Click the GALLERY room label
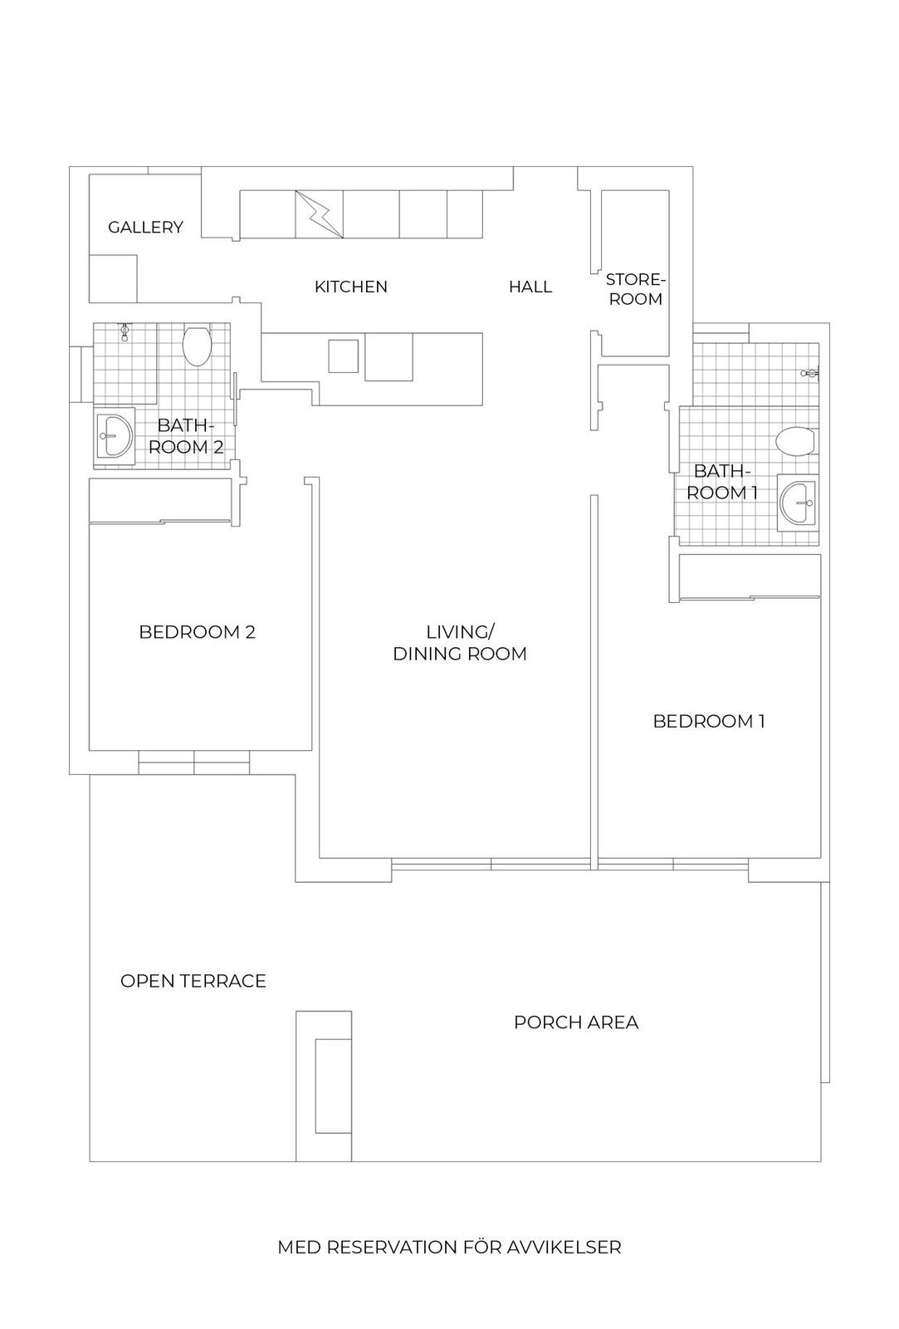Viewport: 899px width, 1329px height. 145,228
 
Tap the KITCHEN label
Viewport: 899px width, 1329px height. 350,287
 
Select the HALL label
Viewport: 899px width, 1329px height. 530,287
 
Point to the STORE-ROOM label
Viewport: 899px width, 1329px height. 636,290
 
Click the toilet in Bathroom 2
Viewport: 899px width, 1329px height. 197,345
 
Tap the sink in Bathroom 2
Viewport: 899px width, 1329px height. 115,436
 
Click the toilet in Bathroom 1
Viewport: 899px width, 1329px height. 794,442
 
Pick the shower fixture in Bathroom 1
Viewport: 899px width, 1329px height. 810,373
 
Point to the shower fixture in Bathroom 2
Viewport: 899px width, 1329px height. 125,333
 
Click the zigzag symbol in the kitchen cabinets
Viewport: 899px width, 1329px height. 319,214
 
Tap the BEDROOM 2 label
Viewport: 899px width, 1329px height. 197,632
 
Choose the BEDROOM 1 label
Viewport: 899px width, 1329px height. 709,722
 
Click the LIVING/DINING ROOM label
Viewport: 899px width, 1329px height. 460,643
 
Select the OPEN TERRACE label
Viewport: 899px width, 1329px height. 193,981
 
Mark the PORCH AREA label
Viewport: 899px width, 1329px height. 576,1022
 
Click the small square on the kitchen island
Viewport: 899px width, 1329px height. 344,356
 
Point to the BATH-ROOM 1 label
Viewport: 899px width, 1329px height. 721,482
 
